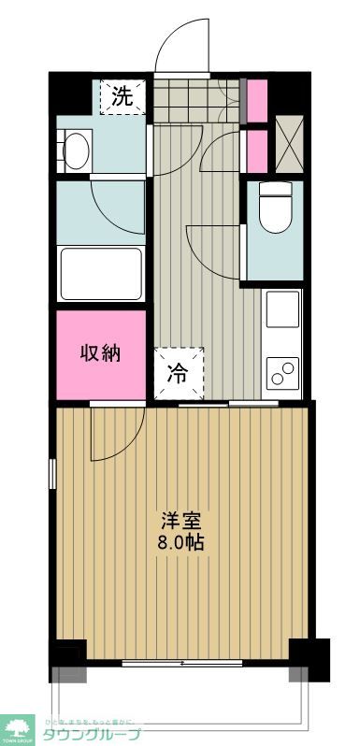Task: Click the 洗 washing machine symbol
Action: tap(123, 94)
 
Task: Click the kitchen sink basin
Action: tap(283, 309)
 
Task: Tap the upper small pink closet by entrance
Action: tap(256, 100)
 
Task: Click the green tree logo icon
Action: tap(20, 728)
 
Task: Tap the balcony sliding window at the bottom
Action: tap(182, 664)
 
